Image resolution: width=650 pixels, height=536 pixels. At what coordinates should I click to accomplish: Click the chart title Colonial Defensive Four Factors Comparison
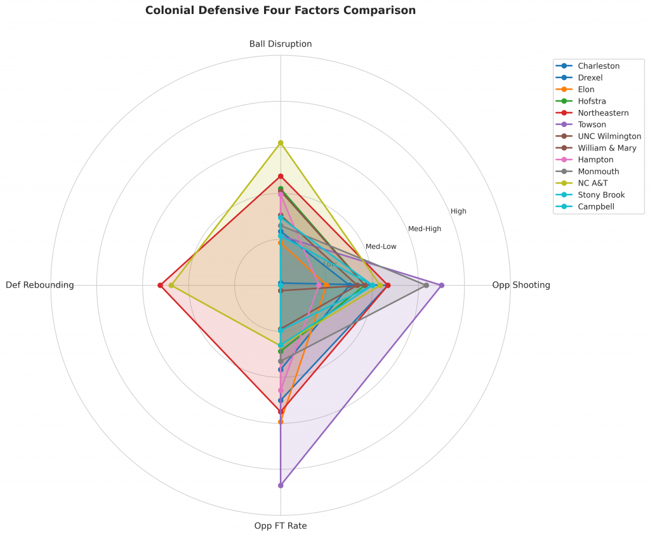pyautogui.click(x=280, y=11)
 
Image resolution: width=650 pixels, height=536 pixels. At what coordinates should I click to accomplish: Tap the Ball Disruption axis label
pyautogui.click(x=280, y=44)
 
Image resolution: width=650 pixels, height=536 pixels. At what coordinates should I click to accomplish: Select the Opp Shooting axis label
pyautogui.click(x=521, y=285)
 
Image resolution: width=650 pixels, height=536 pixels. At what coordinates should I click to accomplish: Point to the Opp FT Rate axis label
pyautogui.click(x=280, y=526)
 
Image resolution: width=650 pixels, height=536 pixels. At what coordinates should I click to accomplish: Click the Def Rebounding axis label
pyautogui.click(x=39, y=285)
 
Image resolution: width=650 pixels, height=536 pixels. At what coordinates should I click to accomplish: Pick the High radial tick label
pyautogui.click(x=458, y=211)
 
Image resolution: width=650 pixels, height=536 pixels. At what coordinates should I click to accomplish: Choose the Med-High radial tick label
pyautogui.click(x=424, y=229)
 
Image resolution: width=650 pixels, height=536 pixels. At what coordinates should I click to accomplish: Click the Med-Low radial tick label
pyautogui.click(x=381, y=246)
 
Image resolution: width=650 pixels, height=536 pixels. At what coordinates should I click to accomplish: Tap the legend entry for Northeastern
pyautogui.click(x=603, y=113)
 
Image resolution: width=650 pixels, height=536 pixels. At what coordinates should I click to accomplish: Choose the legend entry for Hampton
pyautogui.click(x=595, y=159)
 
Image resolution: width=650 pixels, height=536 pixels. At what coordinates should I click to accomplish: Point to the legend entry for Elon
pyautogui.click(x=586, y=90)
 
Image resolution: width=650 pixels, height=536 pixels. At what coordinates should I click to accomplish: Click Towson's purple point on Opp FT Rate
pyautogui.click(x=280, y=485)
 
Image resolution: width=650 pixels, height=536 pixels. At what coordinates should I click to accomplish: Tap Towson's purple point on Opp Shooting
pyautogui.click(x=441, y=285)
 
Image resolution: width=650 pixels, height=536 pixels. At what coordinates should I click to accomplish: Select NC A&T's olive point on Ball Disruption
pyautogui.click(x=280, y=143)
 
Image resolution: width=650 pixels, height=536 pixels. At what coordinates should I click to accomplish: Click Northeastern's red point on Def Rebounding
pyautogui.click(x=160, y=285)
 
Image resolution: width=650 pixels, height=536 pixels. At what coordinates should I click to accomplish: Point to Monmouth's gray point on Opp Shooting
pyautogui.click(x=426, y=285)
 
